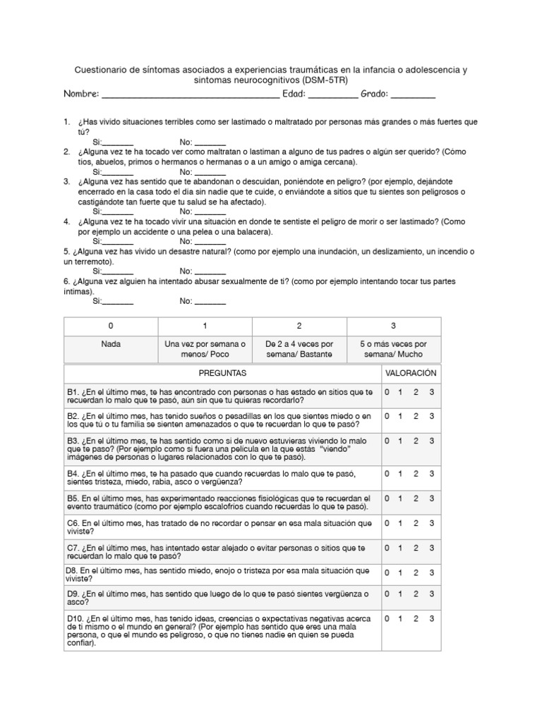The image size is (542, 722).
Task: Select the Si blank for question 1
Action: point(119,143)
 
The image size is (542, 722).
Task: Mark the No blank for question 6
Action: point(210,302)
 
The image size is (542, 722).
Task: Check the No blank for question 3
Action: point(210,212)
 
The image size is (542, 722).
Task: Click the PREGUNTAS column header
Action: point(222,372)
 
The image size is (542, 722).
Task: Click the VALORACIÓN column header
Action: point(411,372)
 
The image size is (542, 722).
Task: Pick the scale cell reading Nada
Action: point(110,344)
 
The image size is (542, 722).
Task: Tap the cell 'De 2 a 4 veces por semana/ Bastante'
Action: point(299,349)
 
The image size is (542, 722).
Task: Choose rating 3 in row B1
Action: point(431,392)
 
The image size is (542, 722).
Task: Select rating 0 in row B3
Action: point(387,441)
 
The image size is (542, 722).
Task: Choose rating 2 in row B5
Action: point(416,498)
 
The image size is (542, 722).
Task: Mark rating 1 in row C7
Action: point(401,548)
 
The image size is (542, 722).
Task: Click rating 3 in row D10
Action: point(431,619)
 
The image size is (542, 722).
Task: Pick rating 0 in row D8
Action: point(387,573)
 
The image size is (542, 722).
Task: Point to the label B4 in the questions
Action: point(73,473)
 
